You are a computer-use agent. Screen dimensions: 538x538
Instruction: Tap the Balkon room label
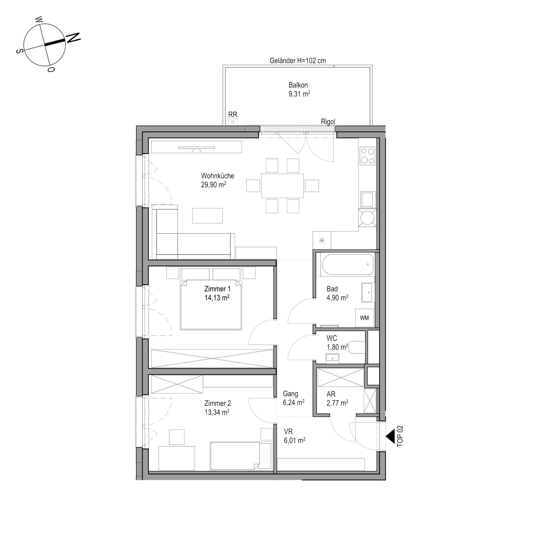tap(298, 85)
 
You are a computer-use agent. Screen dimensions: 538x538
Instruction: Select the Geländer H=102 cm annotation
tap(298, 61)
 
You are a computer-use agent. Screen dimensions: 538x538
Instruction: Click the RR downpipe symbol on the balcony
tap(233, 122)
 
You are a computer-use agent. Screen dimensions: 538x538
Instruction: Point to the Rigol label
tap(328, 122)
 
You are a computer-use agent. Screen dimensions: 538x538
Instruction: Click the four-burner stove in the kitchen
tap(368, 156)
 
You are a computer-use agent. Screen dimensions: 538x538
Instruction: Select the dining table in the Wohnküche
tap(282, 186)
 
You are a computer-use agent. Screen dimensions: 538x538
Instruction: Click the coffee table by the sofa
tap(207, 215)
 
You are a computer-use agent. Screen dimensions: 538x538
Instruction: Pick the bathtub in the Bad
tap(348, 265)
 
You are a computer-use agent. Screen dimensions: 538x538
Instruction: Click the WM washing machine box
tap(364, 318)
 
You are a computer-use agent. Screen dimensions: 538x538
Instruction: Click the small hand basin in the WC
tap(332, 358)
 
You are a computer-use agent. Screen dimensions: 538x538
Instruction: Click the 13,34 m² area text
tap(217, 412)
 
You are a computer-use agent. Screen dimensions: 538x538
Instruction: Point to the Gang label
tap(291, 394)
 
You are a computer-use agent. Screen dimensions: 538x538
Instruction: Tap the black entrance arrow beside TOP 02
tap(390, 437)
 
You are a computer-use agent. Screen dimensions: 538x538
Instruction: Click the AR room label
tap(331, 394)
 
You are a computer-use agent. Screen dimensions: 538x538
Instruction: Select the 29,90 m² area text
tap(214, 185)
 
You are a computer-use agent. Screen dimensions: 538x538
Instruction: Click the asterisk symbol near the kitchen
tap(322, 240)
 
